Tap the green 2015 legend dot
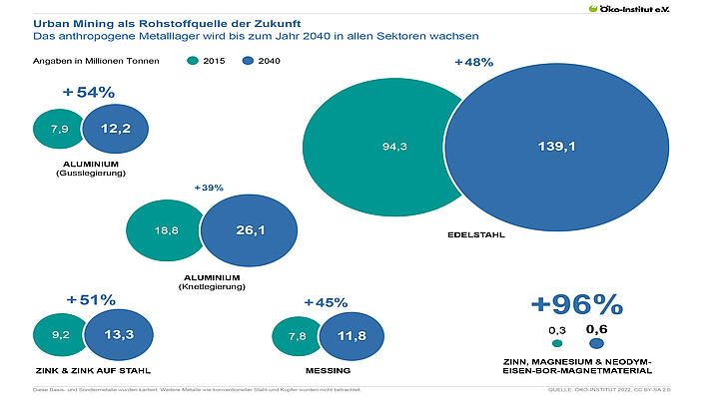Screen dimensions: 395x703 [x=193, y=62]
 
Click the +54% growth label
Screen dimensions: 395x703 [x=89, y=93]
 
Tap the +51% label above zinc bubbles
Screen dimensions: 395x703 [x=90, y=299]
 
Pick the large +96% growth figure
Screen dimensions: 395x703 [x=576, y=303]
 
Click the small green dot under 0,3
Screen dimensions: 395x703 [x=557, y=343]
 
